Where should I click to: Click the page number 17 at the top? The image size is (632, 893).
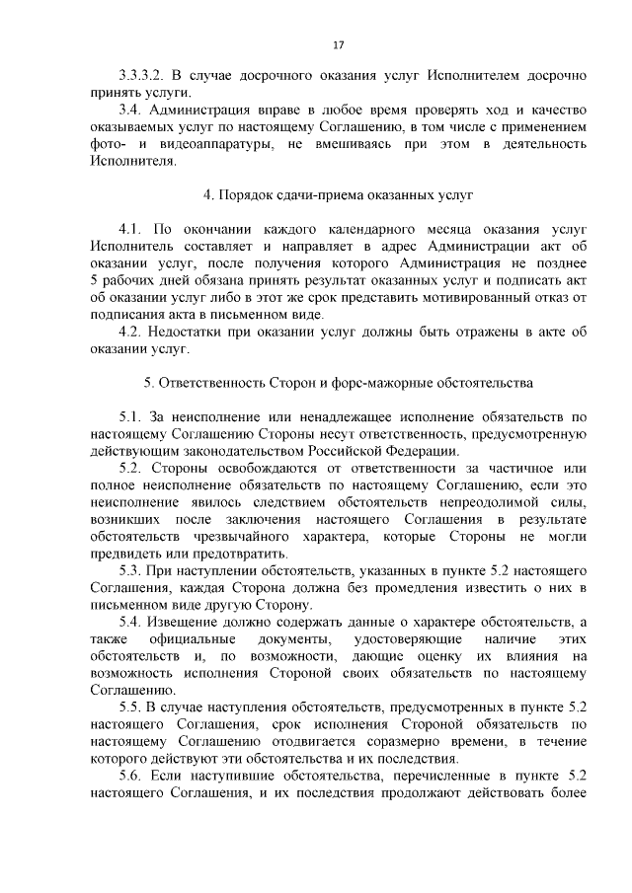tap(338, 45)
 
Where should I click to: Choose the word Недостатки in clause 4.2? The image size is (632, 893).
tap(189, 332)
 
